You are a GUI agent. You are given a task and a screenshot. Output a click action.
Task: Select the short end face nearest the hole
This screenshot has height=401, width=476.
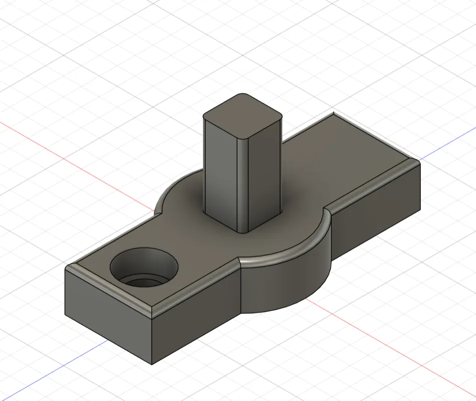click(108, 313)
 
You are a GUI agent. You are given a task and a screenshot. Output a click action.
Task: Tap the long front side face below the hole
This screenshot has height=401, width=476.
click(195, 320)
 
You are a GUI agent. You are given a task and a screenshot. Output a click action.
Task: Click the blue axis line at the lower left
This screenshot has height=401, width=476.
click(50, 370)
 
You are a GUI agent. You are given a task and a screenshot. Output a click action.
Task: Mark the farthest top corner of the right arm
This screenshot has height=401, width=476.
click(333, 113)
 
